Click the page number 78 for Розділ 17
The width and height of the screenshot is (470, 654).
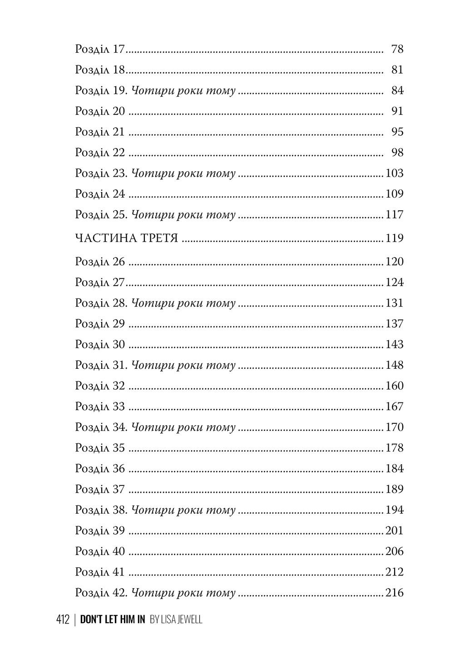point(397,49)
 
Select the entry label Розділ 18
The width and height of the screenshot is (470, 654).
point(100,70)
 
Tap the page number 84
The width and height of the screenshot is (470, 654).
point(397,91)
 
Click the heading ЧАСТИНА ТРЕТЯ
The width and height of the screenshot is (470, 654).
point(126,238)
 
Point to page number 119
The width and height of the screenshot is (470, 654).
point(395,238)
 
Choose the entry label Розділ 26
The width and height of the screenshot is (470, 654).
point(100,262)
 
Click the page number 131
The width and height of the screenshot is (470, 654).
point(395,303)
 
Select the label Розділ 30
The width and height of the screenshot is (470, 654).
point(100,345)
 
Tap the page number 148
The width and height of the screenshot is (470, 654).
point(395,366)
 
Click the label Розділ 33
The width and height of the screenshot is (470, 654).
point(100,407)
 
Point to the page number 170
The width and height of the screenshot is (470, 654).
point(395,428)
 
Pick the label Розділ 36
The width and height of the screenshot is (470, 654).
point(100,469)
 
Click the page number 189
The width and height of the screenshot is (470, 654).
point(395,490)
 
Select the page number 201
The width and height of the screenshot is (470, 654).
point(395,531)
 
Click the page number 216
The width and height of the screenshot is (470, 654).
point(395,593)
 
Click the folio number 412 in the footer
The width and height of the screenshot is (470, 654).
point(63,619)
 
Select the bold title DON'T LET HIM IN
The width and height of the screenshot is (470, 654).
point(113,619)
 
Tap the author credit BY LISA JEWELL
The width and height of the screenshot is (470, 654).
point(176,619)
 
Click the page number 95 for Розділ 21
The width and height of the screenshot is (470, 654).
point(397,132)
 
